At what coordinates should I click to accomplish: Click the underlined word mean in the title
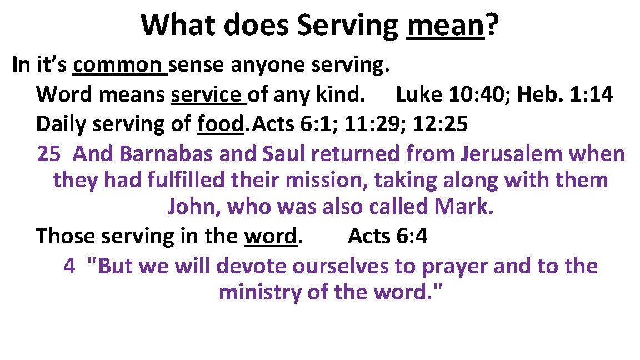click(445, 26)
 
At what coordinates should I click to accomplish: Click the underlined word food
click(221, 124)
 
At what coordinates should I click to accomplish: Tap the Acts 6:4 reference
click(387, 237)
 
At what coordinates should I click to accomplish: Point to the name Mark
click(462, 207)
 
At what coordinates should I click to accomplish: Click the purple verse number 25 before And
click(48, 154)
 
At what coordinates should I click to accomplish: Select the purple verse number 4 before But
click(69, 266)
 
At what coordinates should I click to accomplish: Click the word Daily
click(61, 124)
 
